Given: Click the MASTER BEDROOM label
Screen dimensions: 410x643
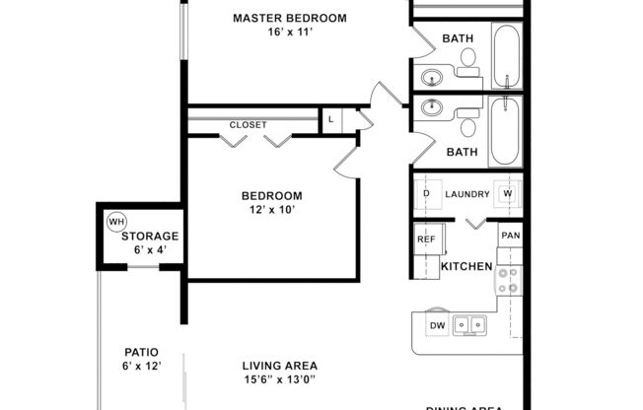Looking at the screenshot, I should (x=289, y=18).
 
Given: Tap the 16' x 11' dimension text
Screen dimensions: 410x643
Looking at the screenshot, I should (x=289, y=33).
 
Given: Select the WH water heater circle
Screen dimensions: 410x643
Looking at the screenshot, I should (x=116, y=221).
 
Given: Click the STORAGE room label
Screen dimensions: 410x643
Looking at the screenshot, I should (x=150, y=237).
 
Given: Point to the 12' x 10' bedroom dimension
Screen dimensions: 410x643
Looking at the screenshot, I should (x=272, y=209).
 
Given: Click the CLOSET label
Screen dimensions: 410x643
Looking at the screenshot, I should (x=248, y=125).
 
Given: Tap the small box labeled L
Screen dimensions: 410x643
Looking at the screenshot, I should (x=332, y=120).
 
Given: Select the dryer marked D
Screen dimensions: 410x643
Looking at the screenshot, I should (x=426, y=194).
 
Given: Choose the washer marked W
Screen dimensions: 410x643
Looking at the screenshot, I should (x=508, y=193).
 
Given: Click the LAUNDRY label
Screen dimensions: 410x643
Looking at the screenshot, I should (x=466, y=194).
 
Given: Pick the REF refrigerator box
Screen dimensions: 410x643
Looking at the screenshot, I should (x=426, y=239).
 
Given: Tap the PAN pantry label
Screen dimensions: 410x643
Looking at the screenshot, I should (x=509, y=237).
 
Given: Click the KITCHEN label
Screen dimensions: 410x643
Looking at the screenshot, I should (x=466, y=267).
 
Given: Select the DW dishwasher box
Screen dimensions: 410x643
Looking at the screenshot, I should (x=436, y=325).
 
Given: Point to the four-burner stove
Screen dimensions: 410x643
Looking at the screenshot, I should (x=508, y=281).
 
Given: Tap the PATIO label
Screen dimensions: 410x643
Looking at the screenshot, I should (x=141, y=352).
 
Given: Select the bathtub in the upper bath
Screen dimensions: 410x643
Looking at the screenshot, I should (x=506, y=55).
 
